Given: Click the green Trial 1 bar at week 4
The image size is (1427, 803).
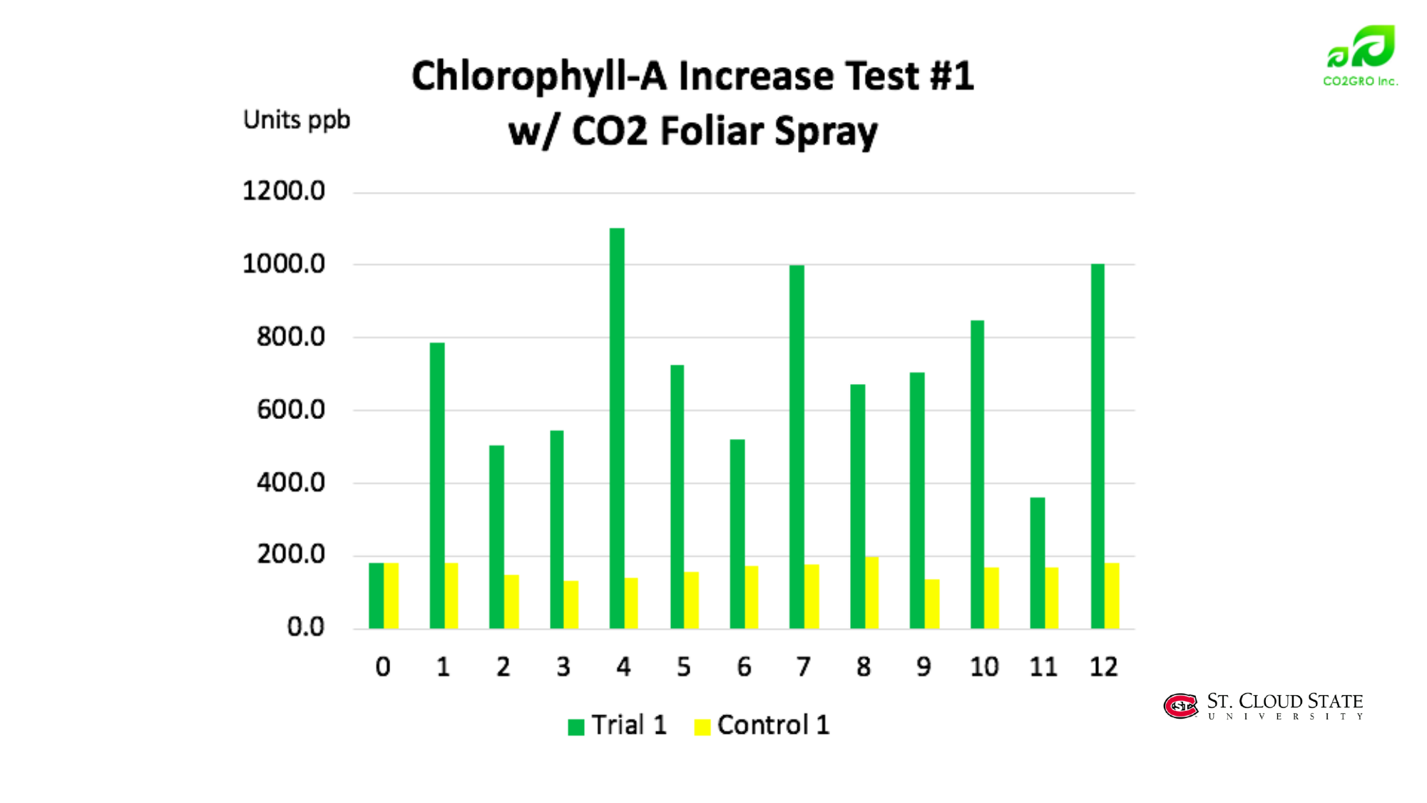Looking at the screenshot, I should pyautogui.click(x=617, y=428).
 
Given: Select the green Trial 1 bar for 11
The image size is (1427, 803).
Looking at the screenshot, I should pyautogui.click(x=1037, y=563).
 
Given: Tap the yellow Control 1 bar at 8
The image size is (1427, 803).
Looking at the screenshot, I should pyautogui.click(x=871, y=592).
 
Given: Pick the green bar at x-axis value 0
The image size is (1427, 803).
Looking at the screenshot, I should pyautogui.click(x=376, y=596).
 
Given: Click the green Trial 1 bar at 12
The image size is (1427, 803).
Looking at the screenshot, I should pyautogui.click(x=1098, y=446).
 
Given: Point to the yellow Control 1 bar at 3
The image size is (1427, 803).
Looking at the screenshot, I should pyautogui.click(x=571, y=605).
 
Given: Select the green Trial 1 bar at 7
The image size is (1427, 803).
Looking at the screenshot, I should pyautogui.click(x=797, y=447).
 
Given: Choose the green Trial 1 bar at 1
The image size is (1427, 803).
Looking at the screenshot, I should pyautogui.click(x=437, y=485).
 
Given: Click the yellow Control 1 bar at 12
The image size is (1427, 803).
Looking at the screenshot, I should pyautogui.click(x=1112, y=596).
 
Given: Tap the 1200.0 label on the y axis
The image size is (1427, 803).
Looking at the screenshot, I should pyautogui.click(x=284, y=191).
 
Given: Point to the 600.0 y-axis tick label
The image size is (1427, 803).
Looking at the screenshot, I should pyautogui.click(x=291, y=410).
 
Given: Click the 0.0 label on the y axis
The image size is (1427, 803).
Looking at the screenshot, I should pyautogui.click(x=306, y=627).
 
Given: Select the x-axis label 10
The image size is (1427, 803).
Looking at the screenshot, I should pyautogui.click(x=984, y=667).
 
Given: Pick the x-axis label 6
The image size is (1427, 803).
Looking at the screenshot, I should pyautogui.click(x=744, y=667).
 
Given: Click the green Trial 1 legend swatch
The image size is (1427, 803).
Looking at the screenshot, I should pyautogui.click(x=576, y=727).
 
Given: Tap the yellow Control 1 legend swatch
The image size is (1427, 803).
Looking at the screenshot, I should pyautogui.click(x=702, y=727).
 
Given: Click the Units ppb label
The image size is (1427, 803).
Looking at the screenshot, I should pyautogui.click(x=297, y=120).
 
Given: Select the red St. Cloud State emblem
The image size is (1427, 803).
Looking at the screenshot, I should pyautogui.click(x=1180, y=706).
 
